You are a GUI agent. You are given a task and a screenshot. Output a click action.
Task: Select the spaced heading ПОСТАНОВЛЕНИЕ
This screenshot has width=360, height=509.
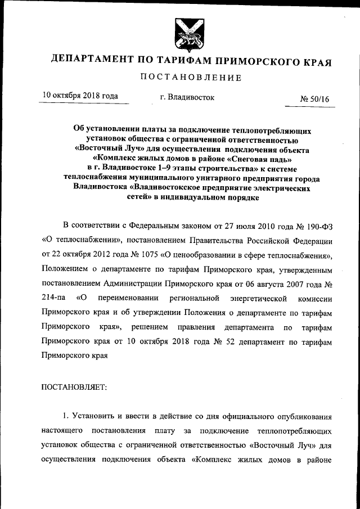pos(191,78)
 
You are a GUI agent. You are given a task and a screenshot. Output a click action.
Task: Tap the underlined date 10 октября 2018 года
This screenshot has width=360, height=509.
pos(80,96)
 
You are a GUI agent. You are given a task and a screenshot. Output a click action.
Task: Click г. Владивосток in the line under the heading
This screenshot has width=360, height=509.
pos(187,97)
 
